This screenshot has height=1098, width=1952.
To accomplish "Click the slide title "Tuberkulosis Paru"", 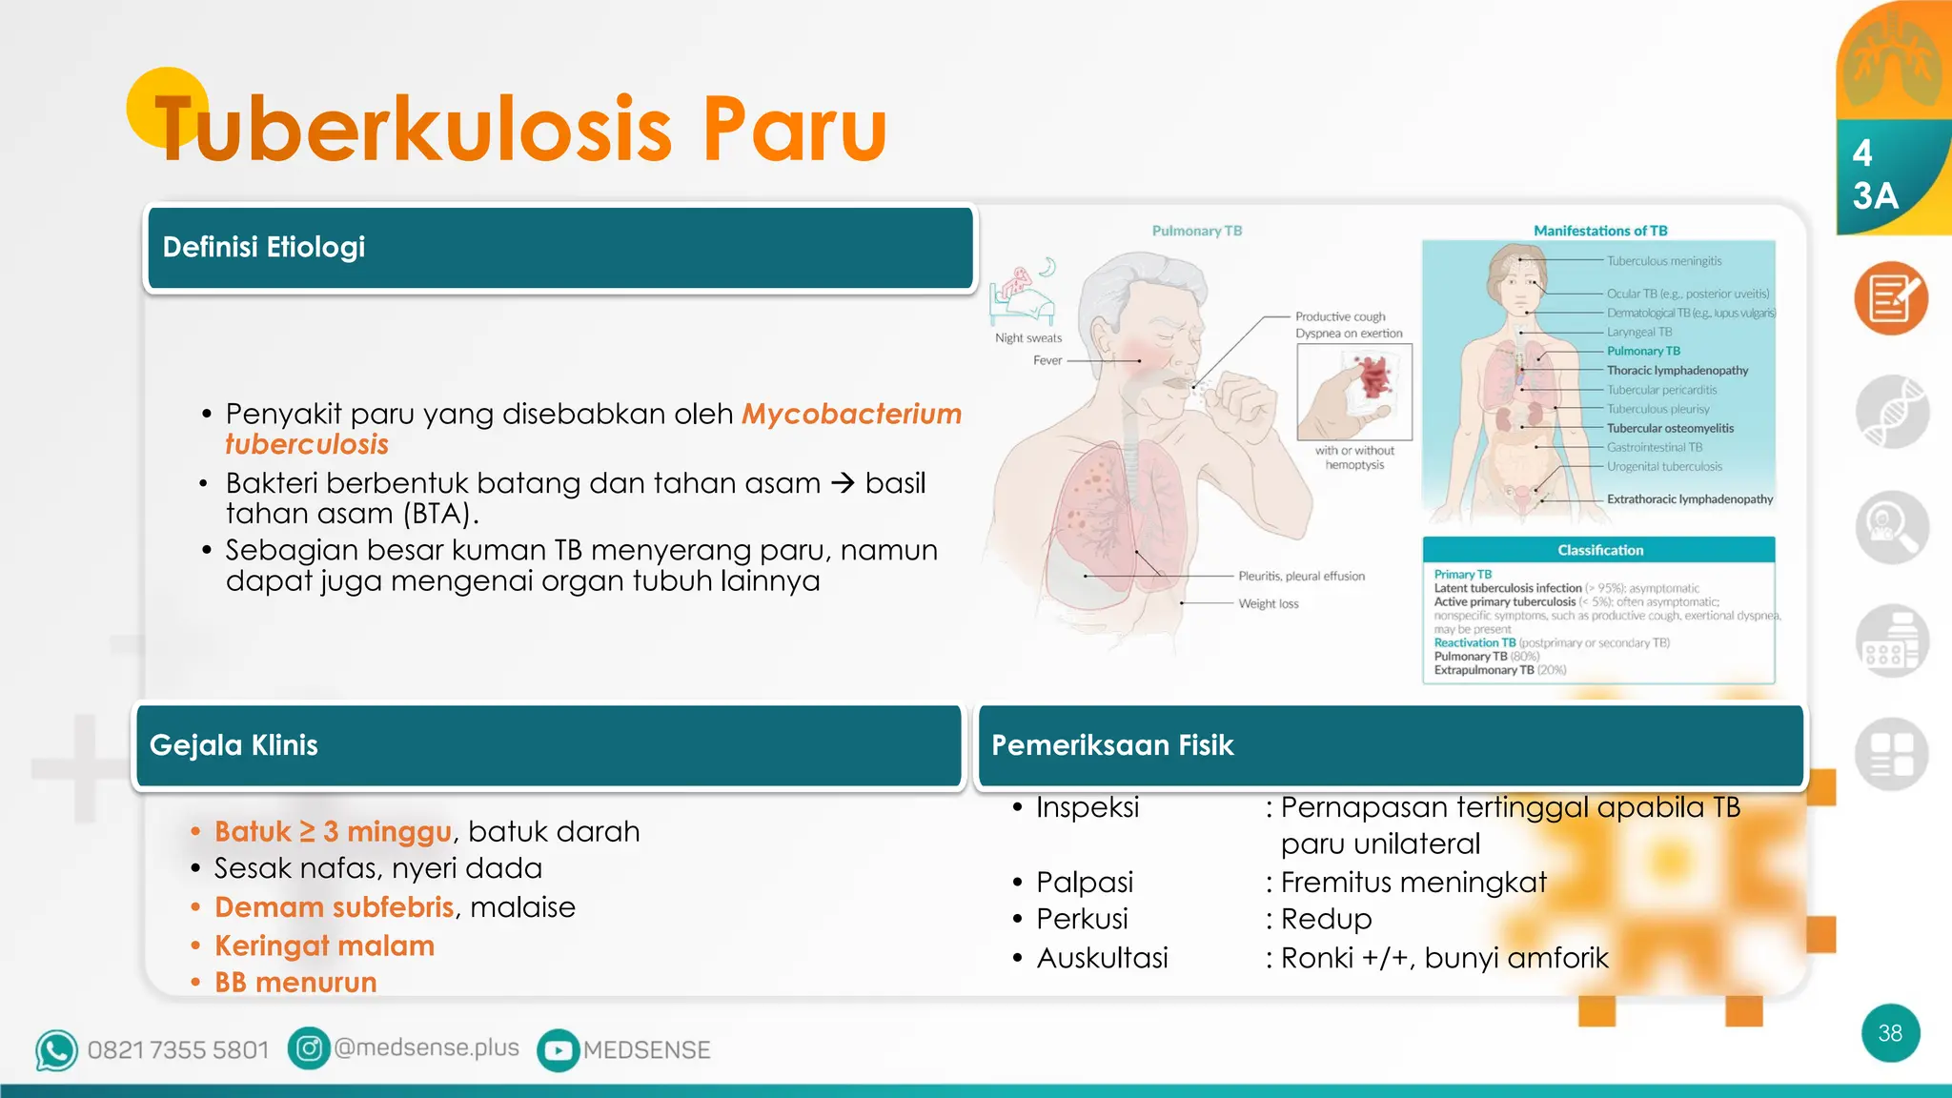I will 520,129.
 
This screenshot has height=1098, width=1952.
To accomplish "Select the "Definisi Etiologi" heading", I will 264,247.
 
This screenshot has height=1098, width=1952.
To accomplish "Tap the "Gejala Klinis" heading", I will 234,745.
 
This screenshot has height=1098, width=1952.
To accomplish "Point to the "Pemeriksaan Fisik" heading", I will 1112,745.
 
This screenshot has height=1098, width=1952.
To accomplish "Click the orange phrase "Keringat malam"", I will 324,945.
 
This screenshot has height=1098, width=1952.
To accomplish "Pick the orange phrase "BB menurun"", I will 295,983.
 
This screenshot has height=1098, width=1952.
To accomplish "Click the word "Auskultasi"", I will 1102,958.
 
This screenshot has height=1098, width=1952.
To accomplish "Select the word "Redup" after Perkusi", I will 1326,919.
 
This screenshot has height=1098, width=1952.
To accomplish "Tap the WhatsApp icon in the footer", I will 56,1050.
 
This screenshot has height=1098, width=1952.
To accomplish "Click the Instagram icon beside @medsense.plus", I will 309,1048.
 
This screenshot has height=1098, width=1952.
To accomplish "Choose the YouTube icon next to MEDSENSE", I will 559,1050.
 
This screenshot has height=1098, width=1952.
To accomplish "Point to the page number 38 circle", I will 1890,1033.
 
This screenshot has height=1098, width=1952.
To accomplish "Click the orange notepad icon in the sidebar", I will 1891,298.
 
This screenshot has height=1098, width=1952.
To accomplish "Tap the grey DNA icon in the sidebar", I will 1892,413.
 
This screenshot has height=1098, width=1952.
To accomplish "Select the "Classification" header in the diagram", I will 1600,550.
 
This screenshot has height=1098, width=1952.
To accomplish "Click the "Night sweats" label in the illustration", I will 1028,338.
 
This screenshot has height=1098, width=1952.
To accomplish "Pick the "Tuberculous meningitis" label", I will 1664,261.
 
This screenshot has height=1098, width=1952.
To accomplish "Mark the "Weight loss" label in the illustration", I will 1268,604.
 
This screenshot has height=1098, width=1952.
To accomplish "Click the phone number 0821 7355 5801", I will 178,1050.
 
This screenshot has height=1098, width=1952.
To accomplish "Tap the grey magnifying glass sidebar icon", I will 1892,527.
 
